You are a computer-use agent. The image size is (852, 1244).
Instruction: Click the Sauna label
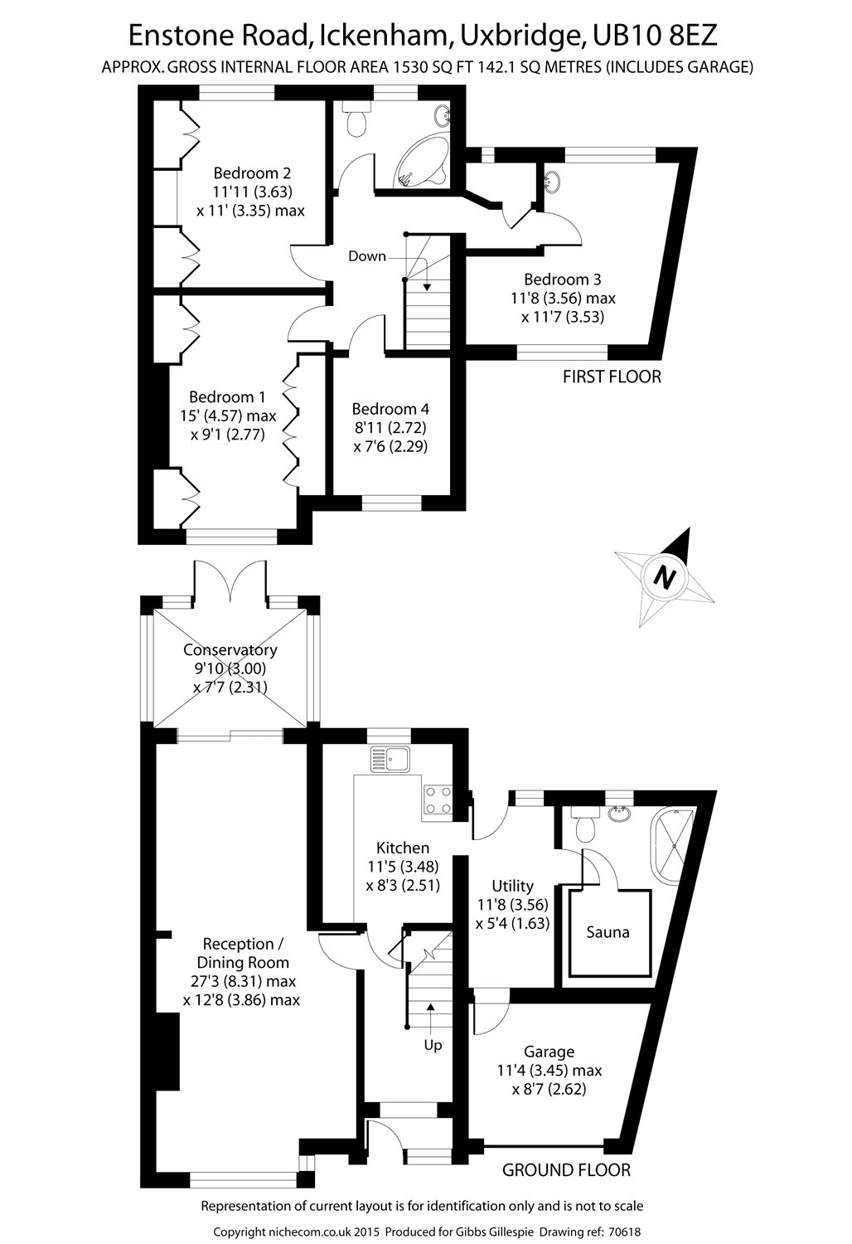click(608, 932)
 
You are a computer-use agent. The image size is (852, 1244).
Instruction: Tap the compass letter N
click(662, 576)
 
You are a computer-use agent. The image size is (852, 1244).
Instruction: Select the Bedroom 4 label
click(390, 409)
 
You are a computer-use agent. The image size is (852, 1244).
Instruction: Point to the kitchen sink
click(390, 758)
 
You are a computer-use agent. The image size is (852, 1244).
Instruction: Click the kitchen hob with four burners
click(438, 800)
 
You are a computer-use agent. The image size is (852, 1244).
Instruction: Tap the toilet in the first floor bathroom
click(357, 120)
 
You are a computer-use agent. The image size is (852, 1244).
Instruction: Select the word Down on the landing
click(366, 256)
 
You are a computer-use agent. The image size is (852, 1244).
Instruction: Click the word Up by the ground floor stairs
click(433, 1045)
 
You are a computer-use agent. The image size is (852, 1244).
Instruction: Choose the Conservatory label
click(230, 650)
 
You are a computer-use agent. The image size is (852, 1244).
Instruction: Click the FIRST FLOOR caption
click(612, 377)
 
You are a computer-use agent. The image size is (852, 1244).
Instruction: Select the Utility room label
click(512, 886)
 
